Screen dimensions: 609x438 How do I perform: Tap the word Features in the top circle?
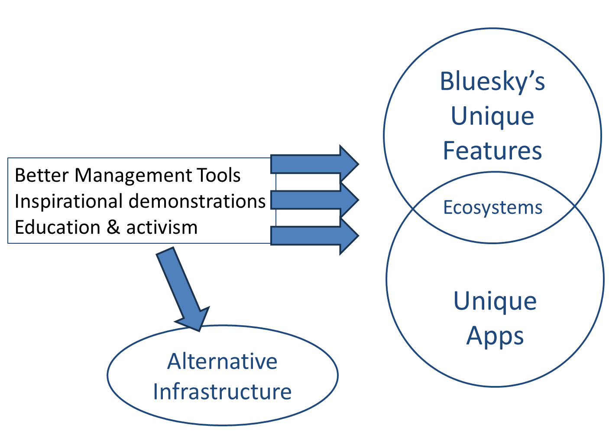(x=492, y=150)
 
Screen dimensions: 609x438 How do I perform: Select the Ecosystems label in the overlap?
(x=492, y=208)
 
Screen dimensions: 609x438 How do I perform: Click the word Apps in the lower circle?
(x=495, y=337)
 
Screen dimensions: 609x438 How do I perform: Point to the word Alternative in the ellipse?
(x=222, y=362)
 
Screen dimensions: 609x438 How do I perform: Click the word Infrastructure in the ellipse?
(x=222, y=392)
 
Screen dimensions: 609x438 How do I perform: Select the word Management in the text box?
(x=133, y=176)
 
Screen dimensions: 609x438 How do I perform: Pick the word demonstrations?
(x=197, y=202)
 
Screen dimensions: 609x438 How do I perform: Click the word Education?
(x=58, y=227)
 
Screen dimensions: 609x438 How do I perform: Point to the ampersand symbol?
(x=113, y=227)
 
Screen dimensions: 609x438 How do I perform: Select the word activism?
(x=162, y=228)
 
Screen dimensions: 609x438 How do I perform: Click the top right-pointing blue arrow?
(x=314, y=164)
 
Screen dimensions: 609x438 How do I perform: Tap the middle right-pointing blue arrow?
(x=314, y=200)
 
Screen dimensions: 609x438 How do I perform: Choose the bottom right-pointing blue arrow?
(x=314, y=236)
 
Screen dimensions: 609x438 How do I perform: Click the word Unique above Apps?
(x=495, y=302)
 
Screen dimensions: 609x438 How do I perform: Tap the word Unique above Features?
(x=492, y=117)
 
